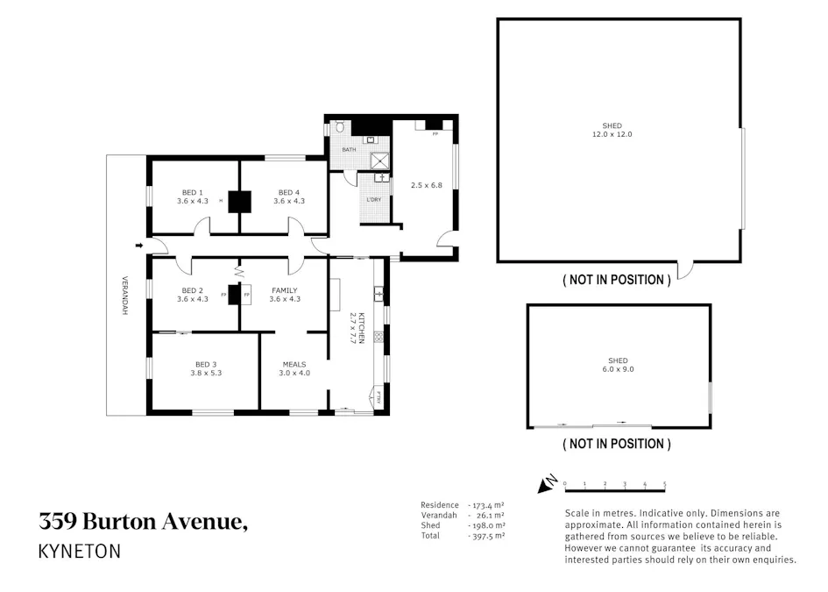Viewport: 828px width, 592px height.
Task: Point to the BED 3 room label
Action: point(206,367)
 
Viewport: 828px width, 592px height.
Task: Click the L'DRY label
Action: point(373,200)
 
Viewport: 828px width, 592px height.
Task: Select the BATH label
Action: point(349,150)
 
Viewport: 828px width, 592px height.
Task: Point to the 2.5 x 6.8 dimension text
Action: point(426,185)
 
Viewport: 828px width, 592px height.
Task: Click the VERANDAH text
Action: point(124,296)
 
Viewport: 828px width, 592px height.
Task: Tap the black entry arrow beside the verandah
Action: point(139,246)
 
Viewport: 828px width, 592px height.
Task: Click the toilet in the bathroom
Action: point(339,128)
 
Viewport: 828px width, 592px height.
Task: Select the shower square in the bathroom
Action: point(381,160)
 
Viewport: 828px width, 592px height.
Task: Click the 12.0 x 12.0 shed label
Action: point(612,130)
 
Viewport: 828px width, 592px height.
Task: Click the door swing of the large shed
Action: point(685,269)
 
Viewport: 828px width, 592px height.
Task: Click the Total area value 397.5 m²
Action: point(487,535)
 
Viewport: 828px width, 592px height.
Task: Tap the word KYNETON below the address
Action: point(80,552)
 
